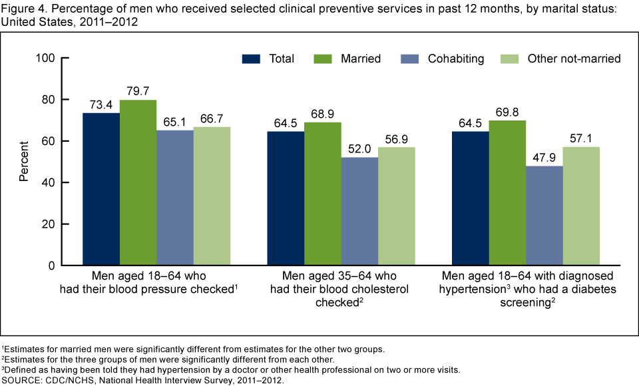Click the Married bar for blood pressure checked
point(138,182)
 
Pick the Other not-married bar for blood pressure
point(212,196)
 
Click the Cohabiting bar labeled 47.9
point(544,216)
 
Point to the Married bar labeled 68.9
point(323,194)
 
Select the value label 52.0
point(359,148)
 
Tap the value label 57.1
point(580,138)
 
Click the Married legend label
point(360,59)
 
